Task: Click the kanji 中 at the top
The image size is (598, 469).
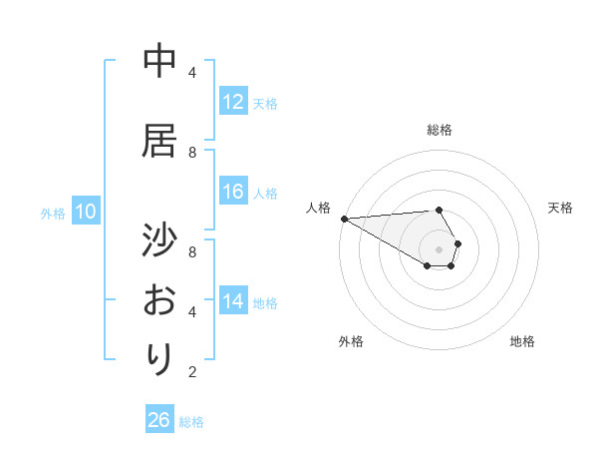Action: pyautogui.click(x=159, y=62)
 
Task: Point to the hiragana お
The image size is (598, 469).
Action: pyautogui.click(x=159, y=300)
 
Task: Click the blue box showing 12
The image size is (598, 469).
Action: pyautogui.click(x=233, y=102)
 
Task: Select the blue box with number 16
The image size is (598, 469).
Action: pyautogui.click(x=233, y=192)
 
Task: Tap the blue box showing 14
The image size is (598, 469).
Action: pyautogui.click(x=233, y=301)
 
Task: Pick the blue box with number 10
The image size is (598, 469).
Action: pyautogui.click(x=86, y=212)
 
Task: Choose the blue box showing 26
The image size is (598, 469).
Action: pyautogui.click(x=159, y=420)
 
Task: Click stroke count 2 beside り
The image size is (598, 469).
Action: pyautogui.click(x=192, y=372)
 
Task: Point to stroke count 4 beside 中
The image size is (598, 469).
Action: pyautogui.click(x=192, y=73)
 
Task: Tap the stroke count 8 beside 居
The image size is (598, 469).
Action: pyautogui.click(x=192, y=153)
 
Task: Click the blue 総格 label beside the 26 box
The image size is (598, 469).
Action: pyautogui.click(x=191, y=422)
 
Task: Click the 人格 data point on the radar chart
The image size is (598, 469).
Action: pyautogui.click(x=344, y=219)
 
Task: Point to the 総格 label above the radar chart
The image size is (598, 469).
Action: pyautogui.click(x=439, y=130)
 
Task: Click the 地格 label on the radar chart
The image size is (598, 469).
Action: pyautogui.click(x=522, y=341)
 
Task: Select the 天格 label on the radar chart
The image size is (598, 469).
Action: pyautogui.click(x=561, y=208)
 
